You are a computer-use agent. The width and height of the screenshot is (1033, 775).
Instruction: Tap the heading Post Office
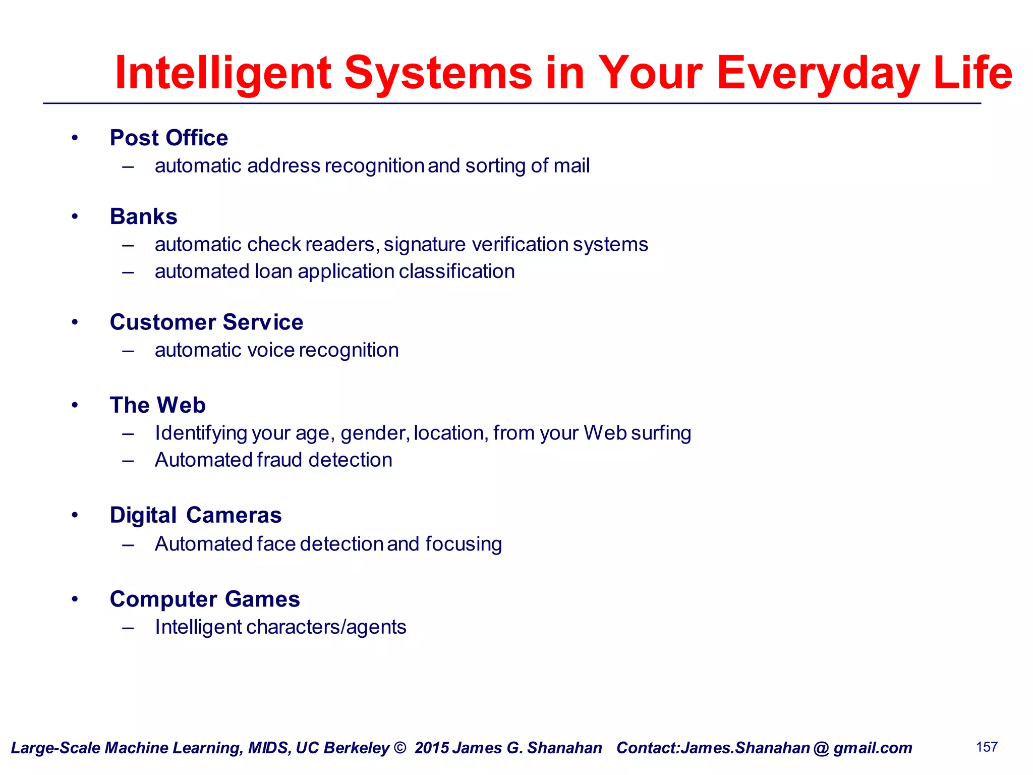point(168,138)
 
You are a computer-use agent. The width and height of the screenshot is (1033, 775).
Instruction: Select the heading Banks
point(143,216)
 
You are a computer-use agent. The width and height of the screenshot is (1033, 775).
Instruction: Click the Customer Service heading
point(206,322)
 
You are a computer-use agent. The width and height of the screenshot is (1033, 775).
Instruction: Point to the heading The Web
point(157,405)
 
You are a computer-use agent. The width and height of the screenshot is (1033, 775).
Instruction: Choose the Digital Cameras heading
point(195,515)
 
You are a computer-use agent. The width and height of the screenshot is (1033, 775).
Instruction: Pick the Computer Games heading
point(204,599)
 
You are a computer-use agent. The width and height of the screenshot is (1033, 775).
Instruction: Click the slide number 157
point(987,747)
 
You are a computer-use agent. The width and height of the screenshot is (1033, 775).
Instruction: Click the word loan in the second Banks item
point(273,271)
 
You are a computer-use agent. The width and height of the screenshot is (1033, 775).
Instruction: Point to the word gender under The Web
point(374,433)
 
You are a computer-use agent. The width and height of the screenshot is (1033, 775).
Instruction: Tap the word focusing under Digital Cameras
point(463,544)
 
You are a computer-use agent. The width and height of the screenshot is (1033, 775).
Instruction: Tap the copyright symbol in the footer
point(399,748)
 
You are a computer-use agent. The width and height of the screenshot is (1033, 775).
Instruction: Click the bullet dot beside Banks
point(75,216)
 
